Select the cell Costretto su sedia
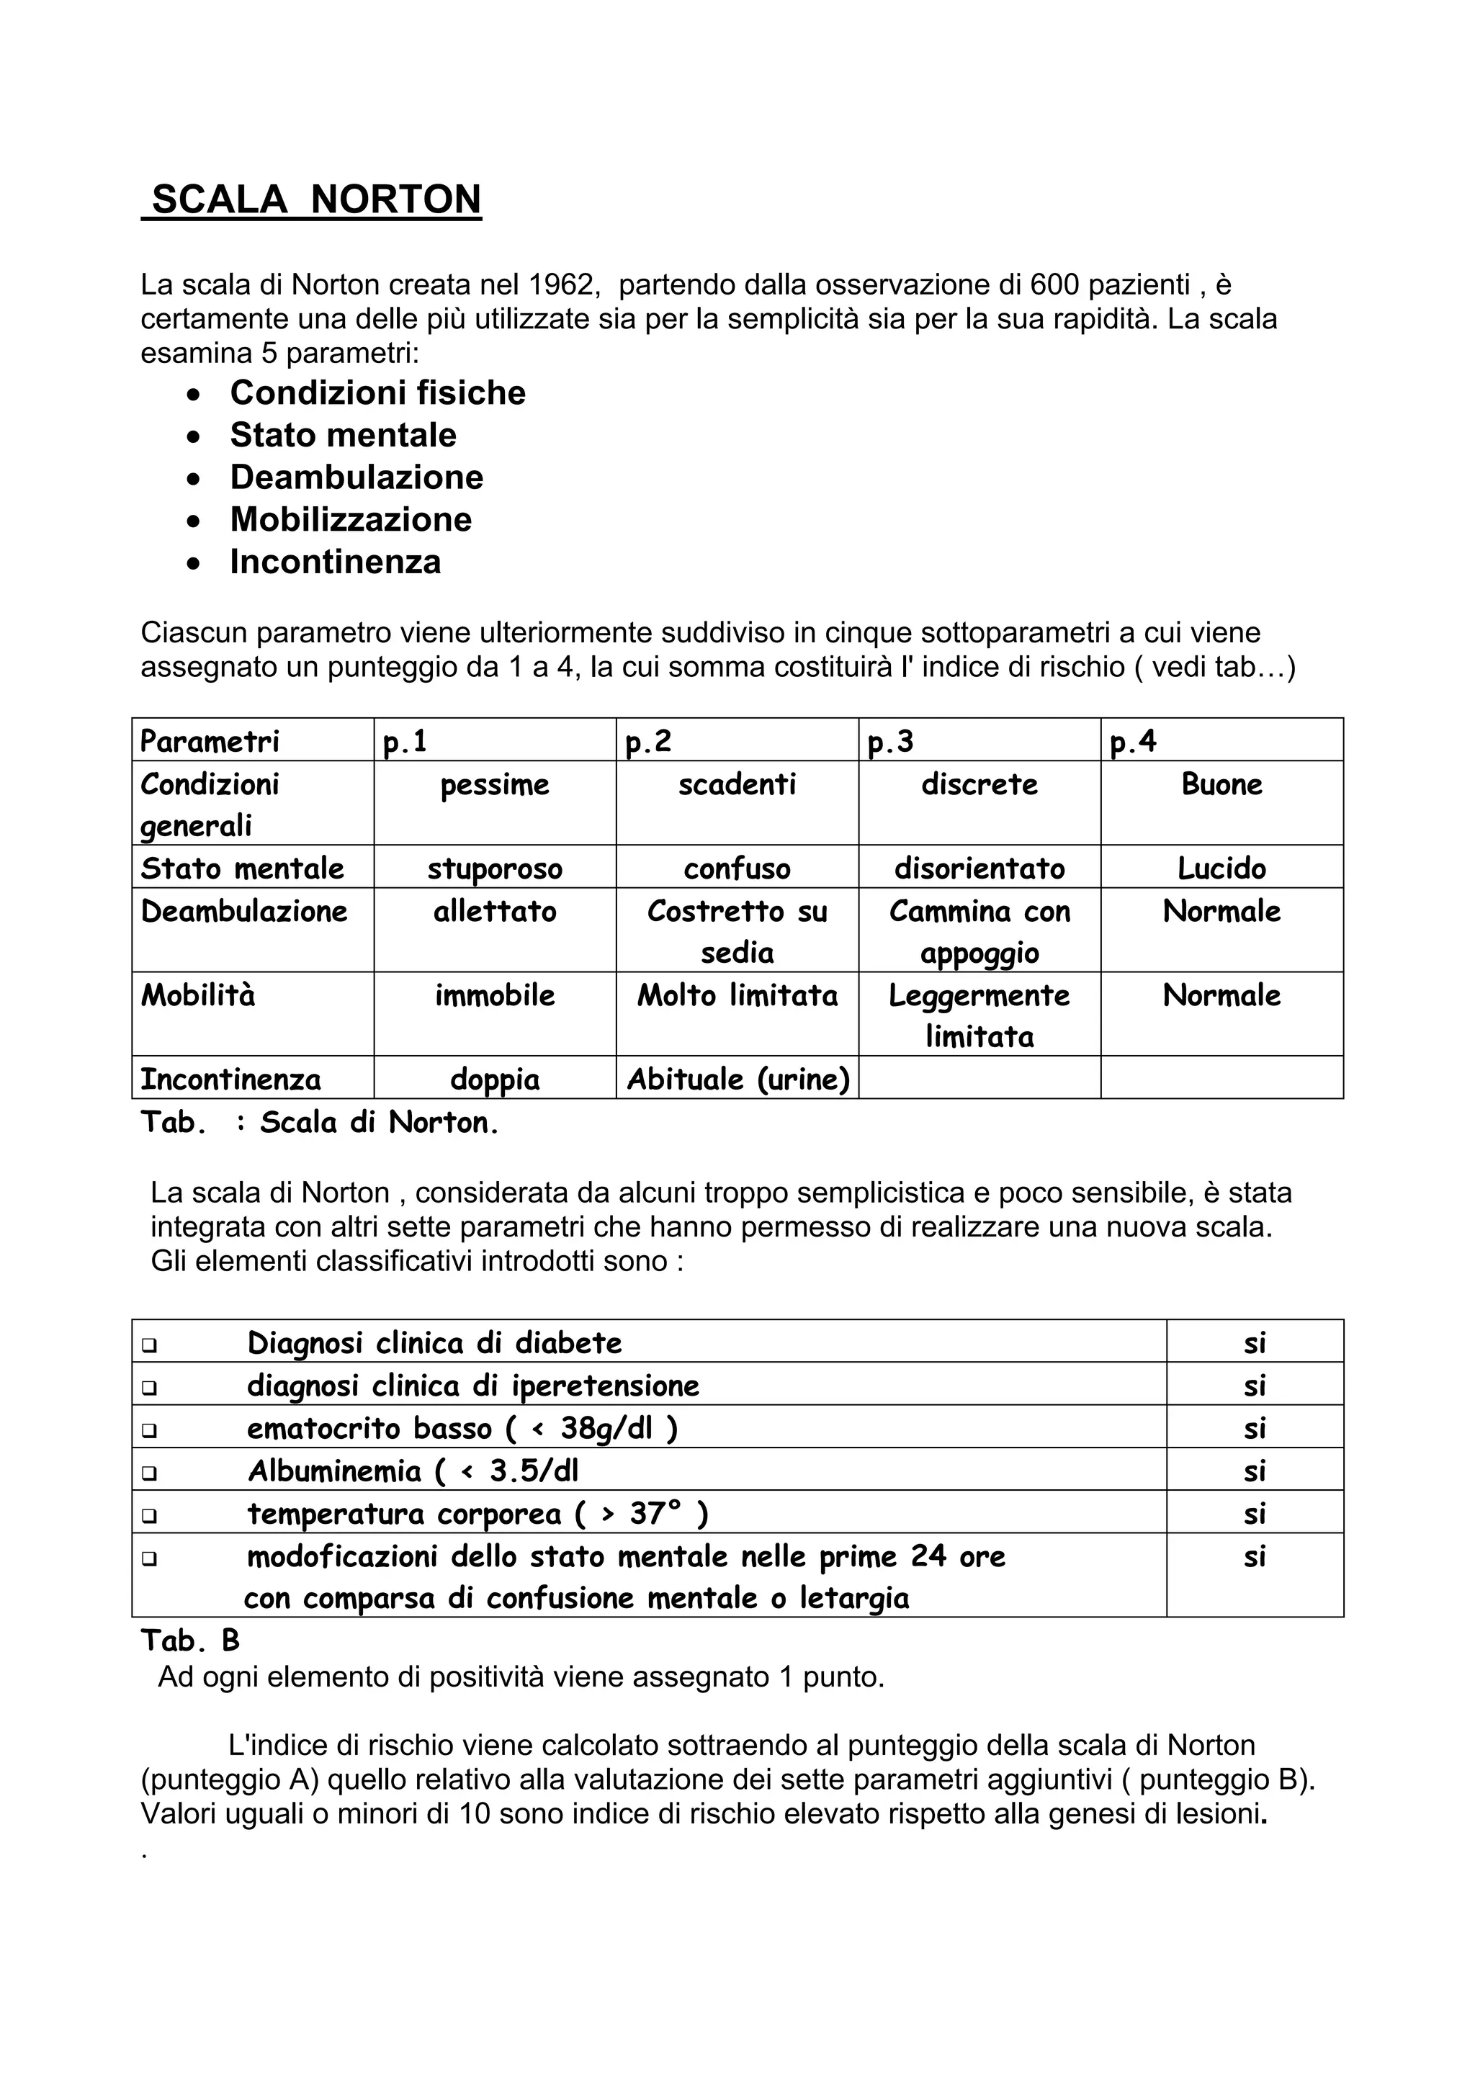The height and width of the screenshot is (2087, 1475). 737,930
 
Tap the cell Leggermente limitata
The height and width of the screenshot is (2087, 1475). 979,1015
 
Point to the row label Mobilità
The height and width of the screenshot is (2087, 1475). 198,995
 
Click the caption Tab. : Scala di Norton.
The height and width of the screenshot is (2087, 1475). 320,1123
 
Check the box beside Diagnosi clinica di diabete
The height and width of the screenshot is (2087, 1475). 150,1345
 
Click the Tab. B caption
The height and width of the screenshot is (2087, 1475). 190,1640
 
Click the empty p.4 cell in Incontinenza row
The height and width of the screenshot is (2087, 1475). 1221,1078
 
